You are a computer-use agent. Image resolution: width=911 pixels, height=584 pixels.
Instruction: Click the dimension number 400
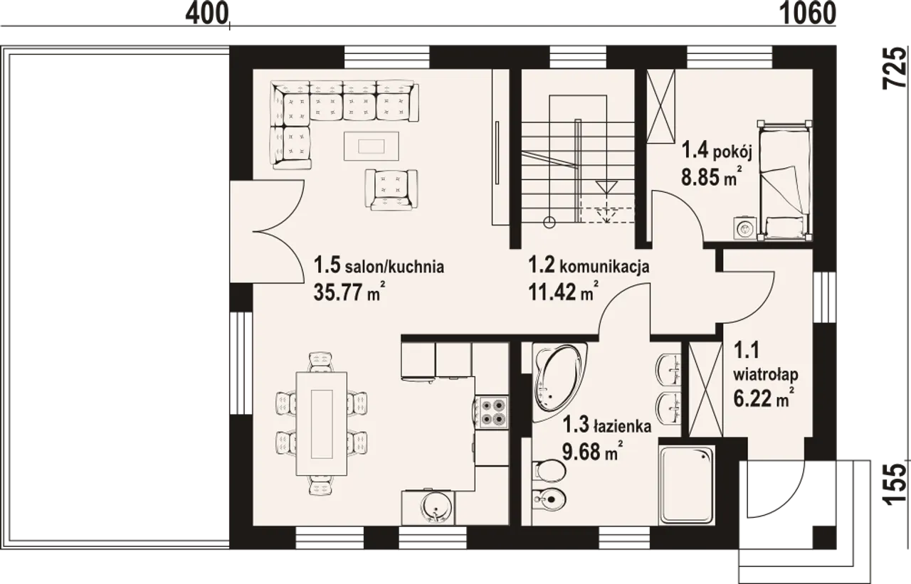point(206,14)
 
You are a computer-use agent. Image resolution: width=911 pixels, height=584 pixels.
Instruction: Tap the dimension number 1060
point(808,14)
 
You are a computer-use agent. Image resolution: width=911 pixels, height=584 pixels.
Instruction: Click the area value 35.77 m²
point(349,291)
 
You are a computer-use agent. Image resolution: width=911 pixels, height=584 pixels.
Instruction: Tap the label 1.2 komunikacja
point(589,266)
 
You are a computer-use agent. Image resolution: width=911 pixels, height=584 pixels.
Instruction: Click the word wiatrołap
point(766,375)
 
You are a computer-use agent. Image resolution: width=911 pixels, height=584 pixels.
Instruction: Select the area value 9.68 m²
point(593,451)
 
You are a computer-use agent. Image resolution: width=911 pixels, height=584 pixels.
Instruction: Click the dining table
point(322,423)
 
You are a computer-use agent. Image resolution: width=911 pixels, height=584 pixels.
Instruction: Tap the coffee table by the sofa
point(372,146)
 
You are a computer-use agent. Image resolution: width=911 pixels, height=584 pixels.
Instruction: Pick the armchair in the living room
point(391,190)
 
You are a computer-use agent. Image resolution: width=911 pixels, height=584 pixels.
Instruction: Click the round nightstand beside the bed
point(745,229)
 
